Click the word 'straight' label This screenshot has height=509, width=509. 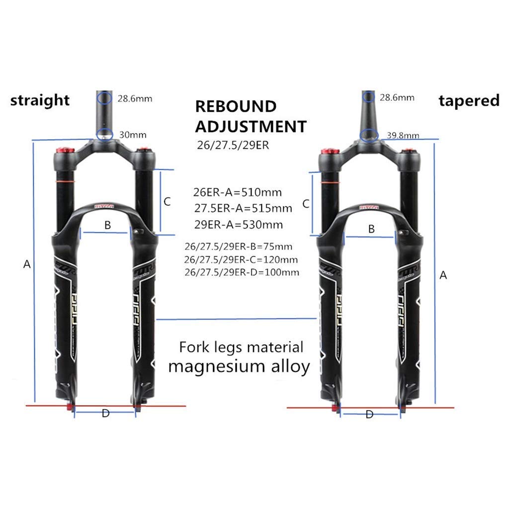[40, 100]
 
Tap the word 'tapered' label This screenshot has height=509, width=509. [469, 100]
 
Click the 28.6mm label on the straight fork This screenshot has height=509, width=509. [135, 98]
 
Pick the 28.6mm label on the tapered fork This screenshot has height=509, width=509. [397, 97]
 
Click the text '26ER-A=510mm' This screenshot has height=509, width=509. [238, 192]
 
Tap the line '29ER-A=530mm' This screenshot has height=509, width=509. [239, 224]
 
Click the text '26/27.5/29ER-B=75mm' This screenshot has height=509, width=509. [238, 247]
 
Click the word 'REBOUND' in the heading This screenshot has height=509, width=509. [235, 106]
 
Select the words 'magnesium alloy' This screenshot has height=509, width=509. [239, 366]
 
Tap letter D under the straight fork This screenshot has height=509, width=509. [105, 414]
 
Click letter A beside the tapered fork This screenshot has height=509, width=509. [444, 275]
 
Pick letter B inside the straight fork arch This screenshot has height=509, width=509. [107, 225]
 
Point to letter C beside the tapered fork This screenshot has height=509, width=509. [306, 203]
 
